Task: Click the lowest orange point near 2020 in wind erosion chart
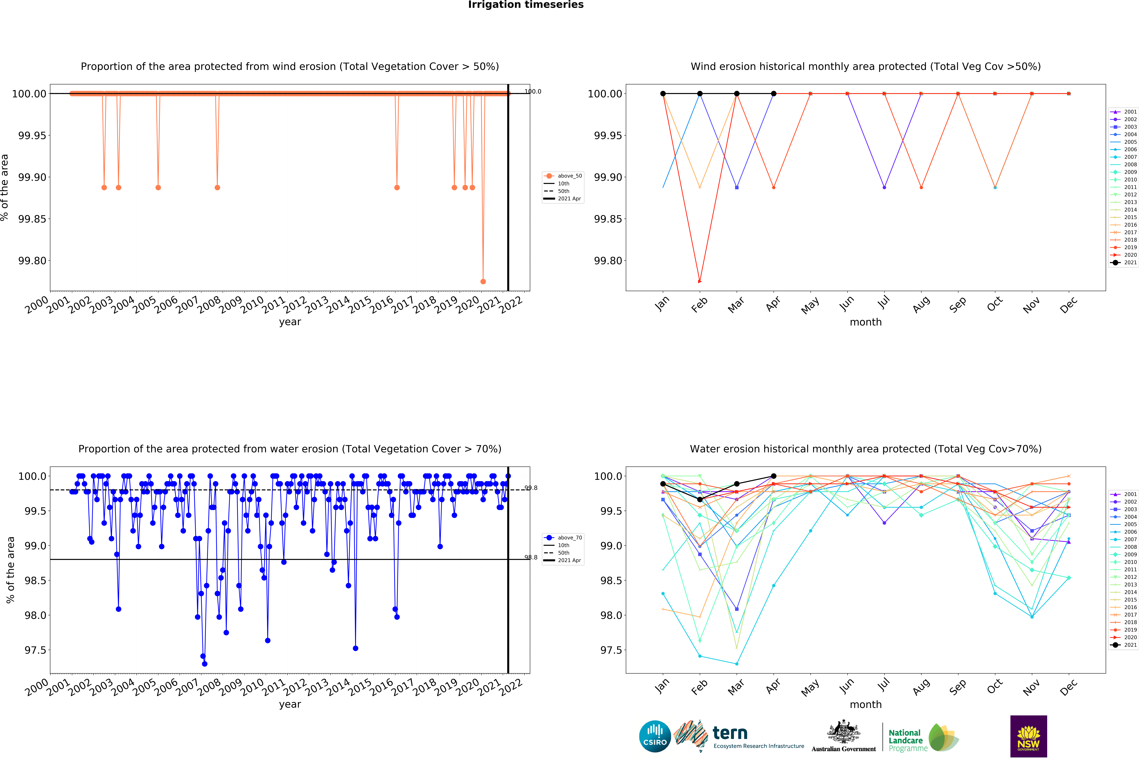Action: click(483, 281)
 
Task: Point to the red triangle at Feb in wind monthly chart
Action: click(700, 281)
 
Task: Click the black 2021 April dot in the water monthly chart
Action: click(773, 476)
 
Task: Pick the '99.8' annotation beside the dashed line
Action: click(531, 487)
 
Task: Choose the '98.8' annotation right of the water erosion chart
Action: click(531, 557)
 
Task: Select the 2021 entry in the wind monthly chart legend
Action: click(1124, 262)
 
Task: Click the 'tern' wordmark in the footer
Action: click(730, 733)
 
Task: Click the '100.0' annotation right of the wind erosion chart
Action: click(533, 91)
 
